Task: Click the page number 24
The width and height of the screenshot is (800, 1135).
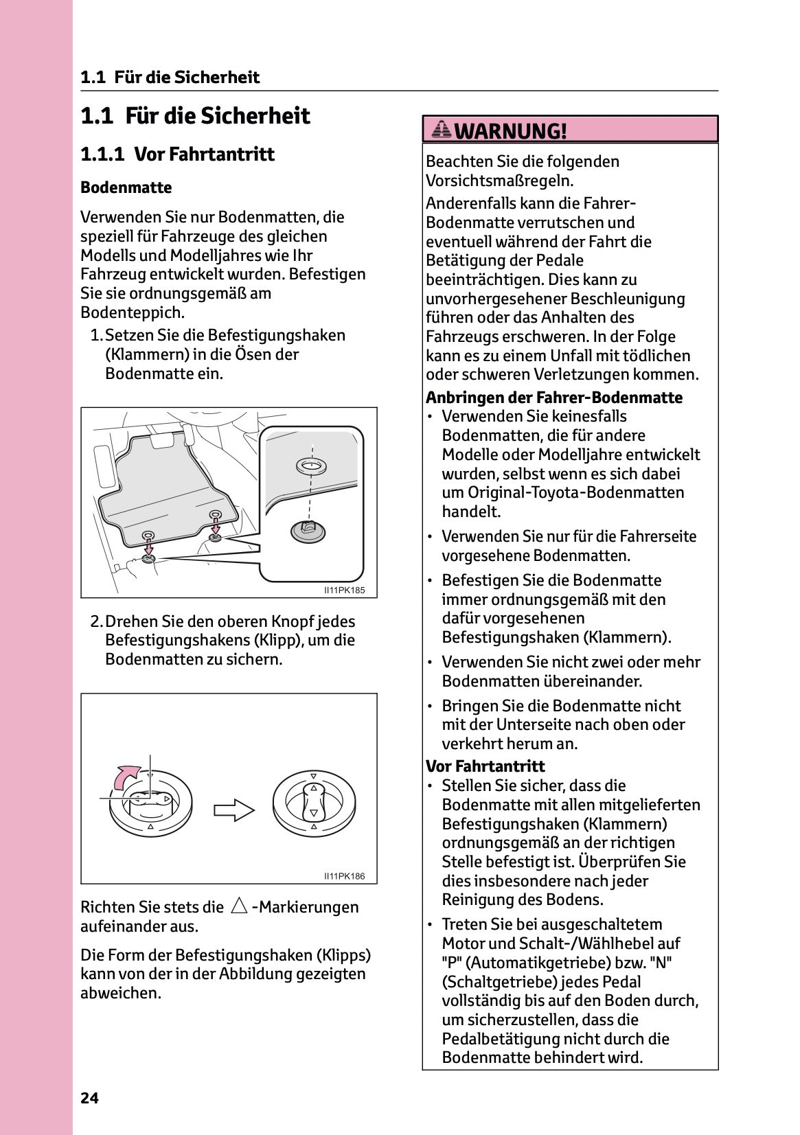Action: tap(89, 1098)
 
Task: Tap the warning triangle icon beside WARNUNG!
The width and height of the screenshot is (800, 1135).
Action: tap(442, 129)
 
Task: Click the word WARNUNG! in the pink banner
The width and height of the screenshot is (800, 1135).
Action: tap(511, 130)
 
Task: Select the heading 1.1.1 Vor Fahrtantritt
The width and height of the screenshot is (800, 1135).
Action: tap(177, 154)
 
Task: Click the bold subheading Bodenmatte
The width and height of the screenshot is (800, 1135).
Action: tap(126, 187)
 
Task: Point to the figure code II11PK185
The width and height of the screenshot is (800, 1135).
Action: tap(345, 590)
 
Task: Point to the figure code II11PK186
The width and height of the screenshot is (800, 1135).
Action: tap(345, 876)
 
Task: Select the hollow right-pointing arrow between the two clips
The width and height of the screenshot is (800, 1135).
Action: tap(234, 810)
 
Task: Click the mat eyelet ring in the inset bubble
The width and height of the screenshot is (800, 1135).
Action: tap(311, 466)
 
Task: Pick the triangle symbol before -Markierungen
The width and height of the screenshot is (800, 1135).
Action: tap(239, 906)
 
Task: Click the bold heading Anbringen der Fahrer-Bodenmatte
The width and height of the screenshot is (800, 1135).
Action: tap(553, 398)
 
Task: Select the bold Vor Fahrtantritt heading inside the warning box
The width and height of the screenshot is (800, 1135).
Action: tap(485, 766)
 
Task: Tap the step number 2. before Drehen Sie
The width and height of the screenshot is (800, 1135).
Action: tap(96, 621)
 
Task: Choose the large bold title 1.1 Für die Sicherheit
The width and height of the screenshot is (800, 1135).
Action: tap(195, 115)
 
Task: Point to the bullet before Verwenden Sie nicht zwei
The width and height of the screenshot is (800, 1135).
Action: tap(430, 663)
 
